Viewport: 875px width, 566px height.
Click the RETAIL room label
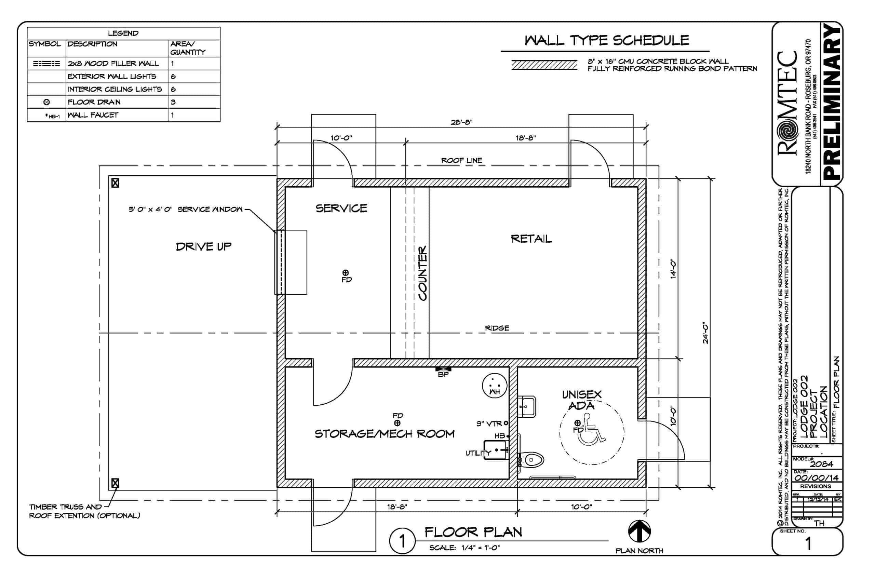(531, 239)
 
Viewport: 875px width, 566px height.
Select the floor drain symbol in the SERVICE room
(346, 272)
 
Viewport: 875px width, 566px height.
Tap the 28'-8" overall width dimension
(461, 122)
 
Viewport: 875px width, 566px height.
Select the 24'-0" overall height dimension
(705, 333)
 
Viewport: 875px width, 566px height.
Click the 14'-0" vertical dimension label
(673, 269)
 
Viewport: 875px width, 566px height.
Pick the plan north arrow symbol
(639, 531)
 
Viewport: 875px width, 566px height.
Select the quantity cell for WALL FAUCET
(194, 115)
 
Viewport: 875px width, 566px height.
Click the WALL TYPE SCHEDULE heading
(606, 40)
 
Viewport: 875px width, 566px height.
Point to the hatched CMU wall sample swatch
(544, 65)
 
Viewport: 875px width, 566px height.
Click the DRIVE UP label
(203, 247)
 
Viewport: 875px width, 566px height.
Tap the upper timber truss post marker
(115, 183)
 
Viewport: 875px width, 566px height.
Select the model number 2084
(821, 464)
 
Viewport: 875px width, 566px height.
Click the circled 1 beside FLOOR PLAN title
(402, 541)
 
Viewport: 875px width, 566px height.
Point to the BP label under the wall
(443, 375)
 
